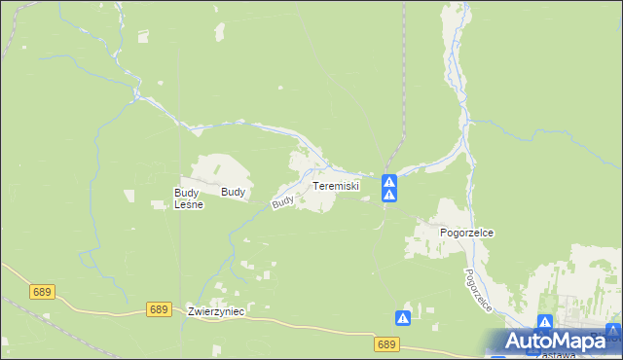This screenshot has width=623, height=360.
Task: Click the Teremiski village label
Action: (x=336, y=185)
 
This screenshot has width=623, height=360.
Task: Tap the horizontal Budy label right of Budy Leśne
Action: (x=233, y=193)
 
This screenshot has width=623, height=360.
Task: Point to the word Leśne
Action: (x=187, y=205)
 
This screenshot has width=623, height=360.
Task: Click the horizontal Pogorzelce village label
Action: (x=466, y=234)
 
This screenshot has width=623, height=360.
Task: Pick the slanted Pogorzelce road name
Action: (x=478, y=290)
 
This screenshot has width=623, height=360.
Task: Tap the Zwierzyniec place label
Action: (x=216, y=311)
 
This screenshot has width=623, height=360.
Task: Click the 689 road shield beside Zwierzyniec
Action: (x=161, y=309)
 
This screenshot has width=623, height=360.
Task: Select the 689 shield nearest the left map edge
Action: (x=42, y=291)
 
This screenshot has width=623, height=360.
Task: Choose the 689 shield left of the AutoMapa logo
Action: (x=386, y=344)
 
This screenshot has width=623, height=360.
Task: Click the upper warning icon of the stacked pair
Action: (x=388, y=181)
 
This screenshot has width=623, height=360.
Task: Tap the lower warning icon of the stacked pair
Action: (x=388, y=196)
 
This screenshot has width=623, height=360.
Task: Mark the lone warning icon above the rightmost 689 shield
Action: (x=402, y=317)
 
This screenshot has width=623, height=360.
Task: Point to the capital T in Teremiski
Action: (x=315, y=185)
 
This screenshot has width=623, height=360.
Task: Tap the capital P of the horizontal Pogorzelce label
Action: (x=444, y=234)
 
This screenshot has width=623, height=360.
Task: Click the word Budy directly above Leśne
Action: (x=186, y=193)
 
